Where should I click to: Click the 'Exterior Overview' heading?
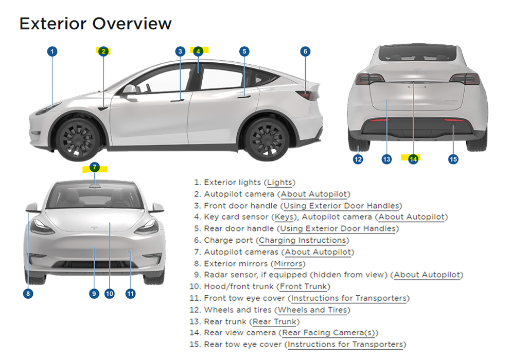point(95,24)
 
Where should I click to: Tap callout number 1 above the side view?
point(52,51)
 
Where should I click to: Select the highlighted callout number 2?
point(103,51)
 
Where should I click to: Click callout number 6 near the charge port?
point(305,51)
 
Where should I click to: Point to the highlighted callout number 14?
point(413,159)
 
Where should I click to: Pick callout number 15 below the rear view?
point(453,159)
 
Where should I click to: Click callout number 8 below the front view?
point(28,294)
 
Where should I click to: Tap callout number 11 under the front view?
point(130,294)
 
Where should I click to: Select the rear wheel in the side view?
point(267,138)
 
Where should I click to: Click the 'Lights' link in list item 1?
point(279,183)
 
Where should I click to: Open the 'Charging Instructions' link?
point(303,241)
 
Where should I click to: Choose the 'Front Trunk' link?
point(304,286)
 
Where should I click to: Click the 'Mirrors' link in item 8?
point(288,264)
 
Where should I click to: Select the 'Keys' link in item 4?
point(284,217)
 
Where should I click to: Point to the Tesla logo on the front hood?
point(95,228)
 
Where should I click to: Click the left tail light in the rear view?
point(370,79)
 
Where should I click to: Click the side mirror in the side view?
point(129,89)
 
